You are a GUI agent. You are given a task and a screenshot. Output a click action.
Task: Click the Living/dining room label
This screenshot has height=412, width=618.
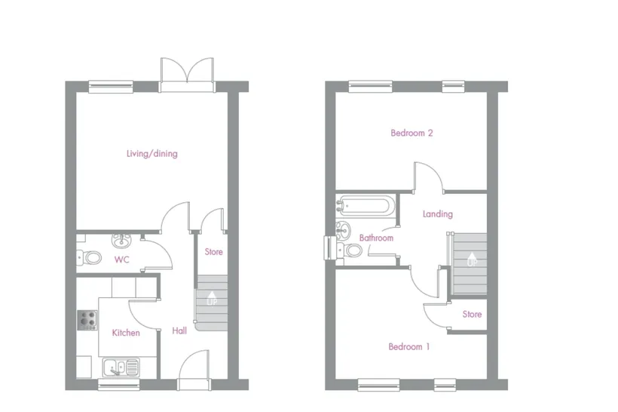pyautogui.click(x=151, y=153)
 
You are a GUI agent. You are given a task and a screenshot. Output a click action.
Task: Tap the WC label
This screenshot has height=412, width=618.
pyautogui.click(x=122, y=260)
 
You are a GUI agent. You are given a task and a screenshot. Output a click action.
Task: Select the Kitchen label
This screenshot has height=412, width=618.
pyautogui.click(x=126, y=333)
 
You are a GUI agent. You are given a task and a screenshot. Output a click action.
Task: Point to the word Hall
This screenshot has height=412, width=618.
pyautogui.click(x=179, y=331)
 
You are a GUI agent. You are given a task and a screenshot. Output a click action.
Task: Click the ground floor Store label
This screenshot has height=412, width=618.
pyautogui.click(x=213, y=252)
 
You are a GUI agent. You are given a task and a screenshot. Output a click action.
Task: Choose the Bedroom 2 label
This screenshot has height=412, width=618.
pyautogui.click(x=411, y=133)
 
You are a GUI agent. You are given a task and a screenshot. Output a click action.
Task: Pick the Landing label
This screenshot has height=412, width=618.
pyautogui.click(x=437, y=214)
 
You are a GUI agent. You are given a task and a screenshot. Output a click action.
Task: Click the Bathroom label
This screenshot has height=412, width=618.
pyautogui.click(x=376, y=238)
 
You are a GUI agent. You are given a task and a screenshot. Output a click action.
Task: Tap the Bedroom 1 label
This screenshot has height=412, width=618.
pyautogui.click(x=408, y=347)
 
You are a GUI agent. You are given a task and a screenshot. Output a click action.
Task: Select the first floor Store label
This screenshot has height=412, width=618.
pyautogui.click(x=472, y=314)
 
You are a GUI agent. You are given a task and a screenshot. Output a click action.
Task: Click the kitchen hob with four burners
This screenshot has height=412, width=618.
pyautogui.click(x=87, y=320)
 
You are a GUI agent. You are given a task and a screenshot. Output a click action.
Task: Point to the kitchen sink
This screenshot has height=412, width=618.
pyautogui.click(x=121, y=367)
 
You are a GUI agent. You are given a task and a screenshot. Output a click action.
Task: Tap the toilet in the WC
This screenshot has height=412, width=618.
pyautogui.click(x=89, y=258)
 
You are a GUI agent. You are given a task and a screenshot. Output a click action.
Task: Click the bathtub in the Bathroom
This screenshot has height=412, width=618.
pyautogui.click(x=365, y=205)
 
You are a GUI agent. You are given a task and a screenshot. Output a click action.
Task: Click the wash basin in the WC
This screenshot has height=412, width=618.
pyautogui.click(x=122, y=240)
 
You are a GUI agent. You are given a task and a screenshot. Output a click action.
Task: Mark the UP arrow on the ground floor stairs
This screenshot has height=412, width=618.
pyautogui.click(x=212, y=298)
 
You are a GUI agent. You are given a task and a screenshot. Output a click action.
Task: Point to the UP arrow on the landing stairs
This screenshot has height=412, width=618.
pyautogui.click(x=471, y=259)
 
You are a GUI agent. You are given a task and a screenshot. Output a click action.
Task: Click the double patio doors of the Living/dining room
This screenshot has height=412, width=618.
pyautogui.click(x=187, y=75)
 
